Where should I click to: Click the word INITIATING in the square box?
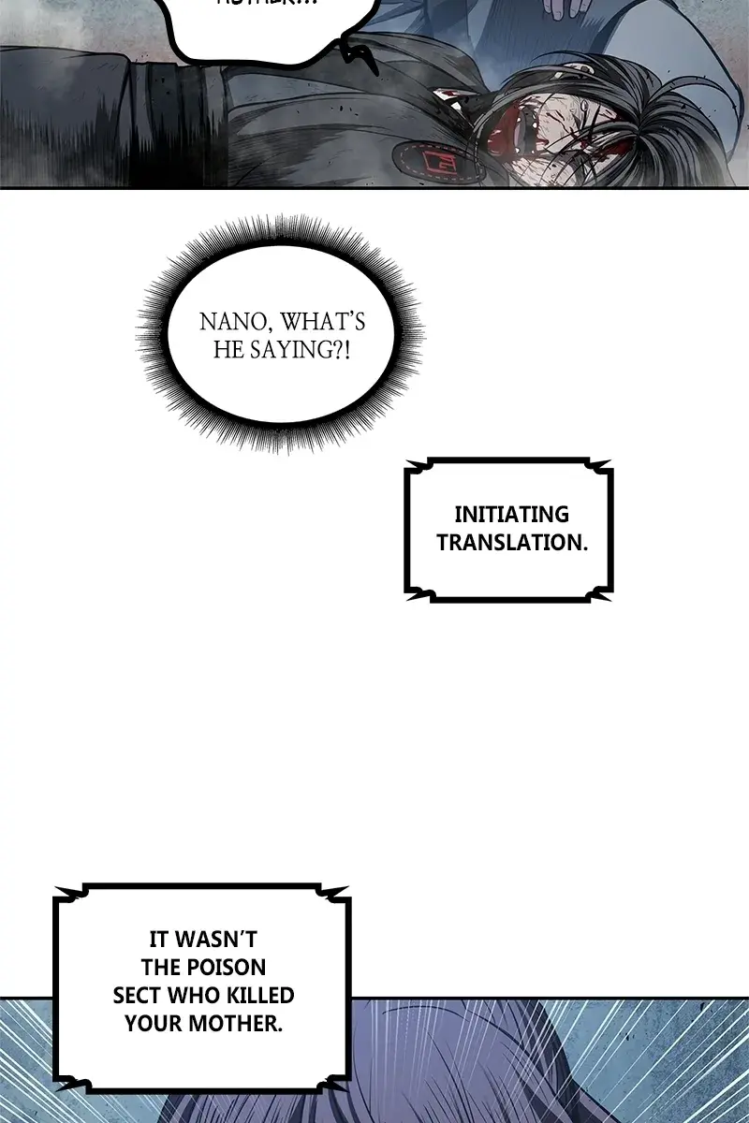511,514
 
